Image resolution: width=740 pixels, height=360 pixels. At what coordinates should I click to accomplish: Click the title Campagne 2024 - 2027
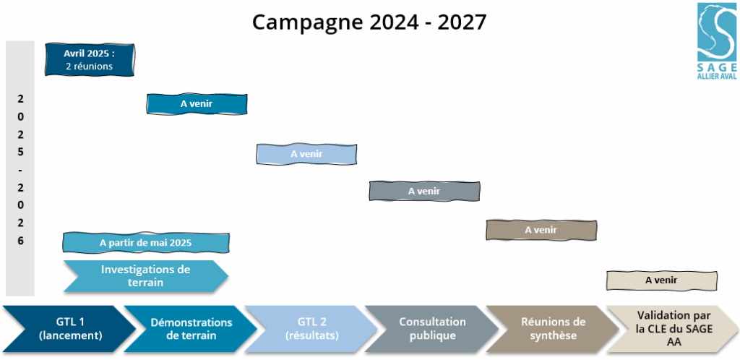click(x=369, y=22)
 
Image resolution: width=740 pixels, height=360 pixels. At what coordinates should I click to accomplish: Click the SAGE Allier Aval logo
click(x=717, y=40)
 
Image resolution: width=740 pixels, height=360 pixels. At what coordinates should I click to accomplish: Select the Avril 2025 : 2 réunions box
click(x=90, y=60)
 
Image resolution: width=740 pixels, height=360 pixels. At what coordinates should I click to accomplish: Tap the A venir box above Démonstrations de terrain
click(x=197, y=104)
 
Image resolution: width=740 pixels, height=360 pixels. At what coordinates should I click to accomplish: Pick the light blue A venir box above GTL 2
click(x=306, y=154)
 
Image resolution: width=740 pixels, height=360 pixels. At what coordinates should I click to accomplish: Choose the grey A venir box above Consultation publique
click(x=424, y=191)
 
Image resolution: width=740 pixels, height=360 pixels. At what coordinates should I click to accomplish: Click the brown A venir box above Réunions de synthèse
click(x=541, y=231)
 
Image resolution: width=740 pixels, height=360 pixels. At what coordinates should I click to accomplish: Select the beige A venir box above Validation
click(x=662, y=280)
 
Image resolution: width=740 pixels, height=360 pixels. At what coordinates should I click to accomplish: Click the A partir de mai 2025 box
click(x=146, y=243)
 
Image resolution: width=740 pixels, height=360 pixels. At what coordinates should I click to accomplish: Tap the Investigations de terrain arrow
click(x=146, y=276)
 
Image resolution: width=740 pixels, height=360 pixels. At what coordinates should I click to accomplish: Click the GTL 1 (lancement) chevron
click(x=69, y=329)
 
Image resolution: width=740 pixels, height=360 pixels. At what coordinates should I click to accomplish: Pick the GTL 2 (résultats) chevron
click(x=311, y=329)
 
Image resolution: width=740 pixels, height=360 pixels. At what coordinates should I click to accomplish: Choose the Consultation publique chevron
click(x=432, y=329)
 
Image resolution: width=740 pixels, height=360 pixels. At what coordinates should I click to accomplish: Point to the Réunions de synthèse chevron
click(x=553, y=329)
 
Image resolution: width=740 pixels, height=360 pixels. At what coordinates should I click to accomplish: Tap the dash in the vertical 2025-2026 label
click(x=20, y=170)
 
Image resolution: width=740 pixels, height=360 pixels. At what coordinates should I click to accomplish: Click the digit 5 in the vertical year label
click(x=20, y=152)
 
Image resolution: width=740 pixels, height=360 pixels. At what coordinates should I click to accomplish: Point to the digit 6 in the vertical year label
click(x=20, y=241)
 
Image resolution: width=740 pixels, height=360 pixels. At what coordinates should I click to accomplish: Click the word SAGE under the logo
click(x=717, y=67)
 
